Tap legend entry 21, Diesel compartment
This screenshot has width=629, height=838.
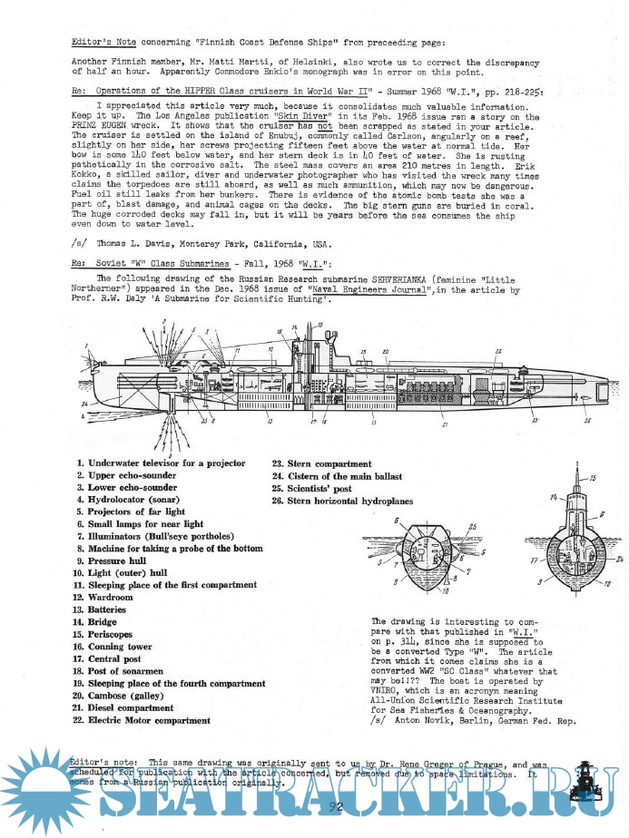coord(136,707)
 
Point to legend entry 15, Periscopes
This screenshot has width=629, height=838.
coord(114,635)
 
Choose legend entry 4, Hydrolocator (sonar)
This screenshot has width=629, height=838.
coord(127,500)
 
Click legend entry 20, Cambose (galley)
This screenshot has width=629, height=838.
coord(131,696)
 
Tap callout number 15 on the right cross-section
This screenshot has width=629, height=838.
coord(595,477)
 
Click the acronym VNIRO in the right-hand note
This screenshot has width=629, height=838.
coord(388,689)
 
